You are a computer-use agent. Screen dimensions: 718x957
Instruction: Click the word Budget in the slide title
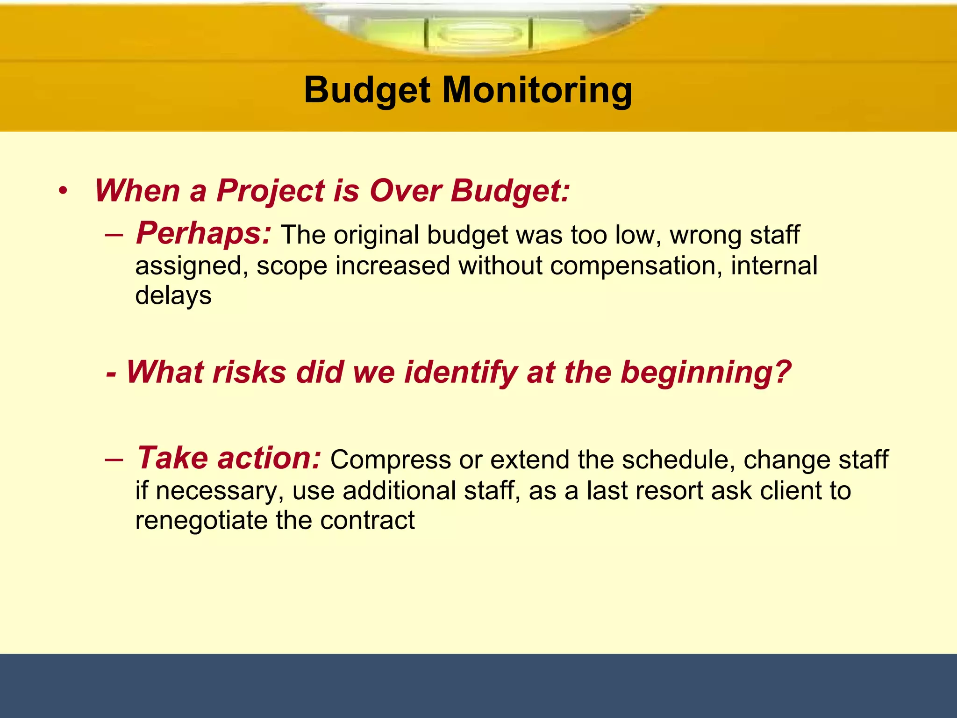[367, 90]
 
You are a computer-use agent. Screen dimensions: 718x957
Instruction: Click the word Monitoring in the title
[537, 90]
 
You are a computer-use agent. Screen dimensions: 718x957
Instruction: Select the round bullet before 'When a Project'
[63, 191]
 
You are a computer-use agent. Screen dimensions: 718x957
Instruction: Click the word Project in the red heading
[270, 191]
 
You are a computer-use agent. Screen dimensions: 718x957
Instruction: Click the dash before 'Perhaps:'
[114, 234]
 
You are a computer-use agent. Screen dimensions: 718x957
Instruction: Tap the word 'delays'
[173, 295]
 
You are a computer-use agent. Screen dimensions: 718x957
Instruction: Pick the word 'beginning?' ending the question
[706, 373]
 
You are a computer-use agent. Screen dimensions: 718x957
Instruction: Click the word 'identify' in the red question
[460, 373]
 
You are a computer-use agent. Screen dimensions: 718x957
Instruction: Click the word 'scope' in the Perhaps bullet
[292, 266]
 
